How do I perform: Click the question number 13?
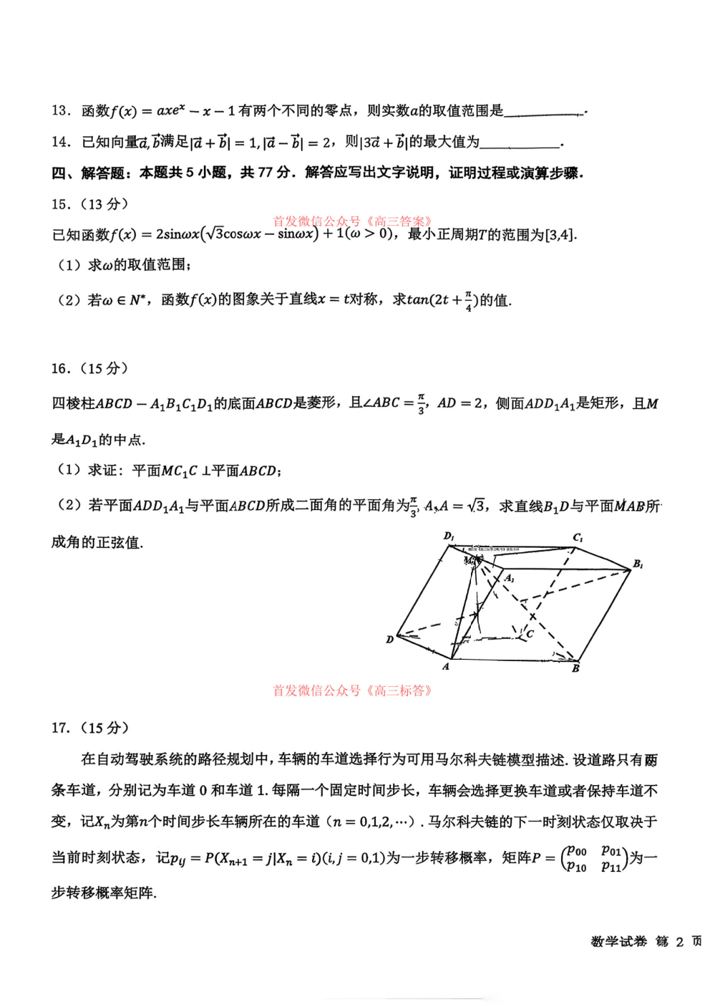pyautogui.click(x=60, y=110)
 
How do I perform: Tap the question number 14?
pyautogui.click(x=60, y=142)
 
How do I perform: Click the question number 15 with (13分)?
pyautogui.click(x=89, y=204)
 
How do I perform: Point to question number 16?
pyautogui.click(x=60, y=368)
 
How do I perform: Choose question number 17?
pyautogui.click(x=60, y=728)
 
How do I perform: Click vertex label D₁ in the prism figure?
pyautogui.click(x=449, y=536)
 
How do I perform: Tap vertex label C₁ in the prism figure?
pyautogui.click(x=578, y=537)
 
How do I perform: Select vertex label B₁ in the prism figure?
pyautogui.click(x=638, y=564)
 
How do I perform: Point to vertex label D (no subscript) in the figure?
pyautogui.click(x=389, y=639)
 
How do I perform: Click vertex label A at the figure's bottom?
pyautogui.click(x=446, y=667)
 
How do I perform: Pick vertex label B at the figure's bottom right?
pyautogui.click(x=575, y=668)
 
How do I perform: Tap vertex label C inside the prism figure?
pyautogui.click(x=530, y=634)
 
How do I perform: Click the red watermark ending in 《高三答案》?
pyautogui.click(x=352, y=221)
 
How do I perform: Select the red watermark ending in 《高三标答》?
pyautogui.click(x=352, y=691)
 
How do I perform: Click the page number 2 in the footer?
pyautogui.click(x=679, y=941)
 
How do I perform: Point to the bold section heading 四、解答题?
pyautogui.click(x=90, y=173)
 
